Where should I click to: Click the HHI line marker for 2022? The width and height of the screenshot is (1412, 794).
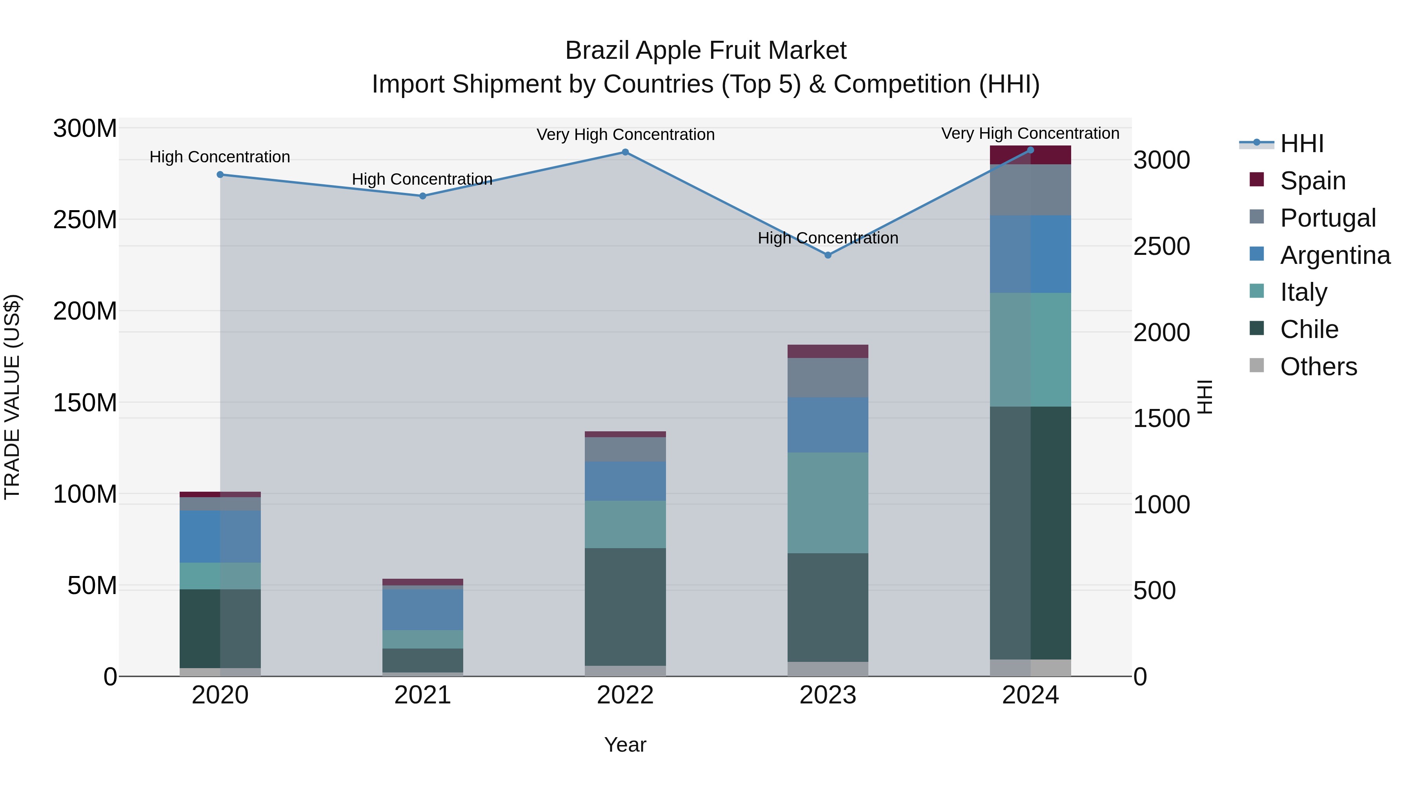coord(625,153)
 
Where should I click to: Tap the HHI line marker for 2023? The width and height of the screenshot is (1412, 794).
coord(828,255)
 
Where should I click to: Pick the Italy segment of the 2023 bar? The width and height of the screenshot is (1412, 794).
coord(828,503)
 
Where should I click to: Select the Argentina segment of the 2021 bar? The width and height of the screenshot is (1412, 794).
coord(422,609)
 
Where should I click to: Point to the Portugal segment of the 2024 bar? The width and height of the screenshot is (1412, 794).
coord(1030,190)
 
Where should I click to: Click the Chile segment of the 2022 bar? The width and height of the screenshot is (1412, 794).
coord(625,607)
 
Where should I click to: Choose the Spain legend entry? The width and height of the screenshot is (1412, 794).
coord(1312,180)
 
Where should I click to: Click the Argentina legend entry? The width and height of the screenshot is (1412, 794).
coord(1334,255)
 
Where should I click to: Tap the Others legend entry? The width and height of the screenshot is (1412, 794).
coord(1318,367)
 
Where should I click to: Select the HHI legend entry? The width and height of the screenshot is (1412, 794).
coord(1301,144)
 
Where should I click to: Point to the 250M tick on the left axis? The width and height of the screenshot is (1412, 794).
coord(85,220)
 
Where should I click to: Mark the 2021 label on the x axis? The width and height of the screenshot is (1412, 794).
coord(422,695)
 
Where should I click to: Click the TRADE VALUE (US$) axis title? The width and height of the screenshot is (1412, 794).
coord(12,397)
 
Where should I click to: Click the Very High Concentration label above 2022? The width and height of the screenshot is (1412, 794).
coord(625,134)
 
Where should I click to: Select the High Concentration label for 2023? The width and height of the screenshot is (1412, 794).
coord(828,238)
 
